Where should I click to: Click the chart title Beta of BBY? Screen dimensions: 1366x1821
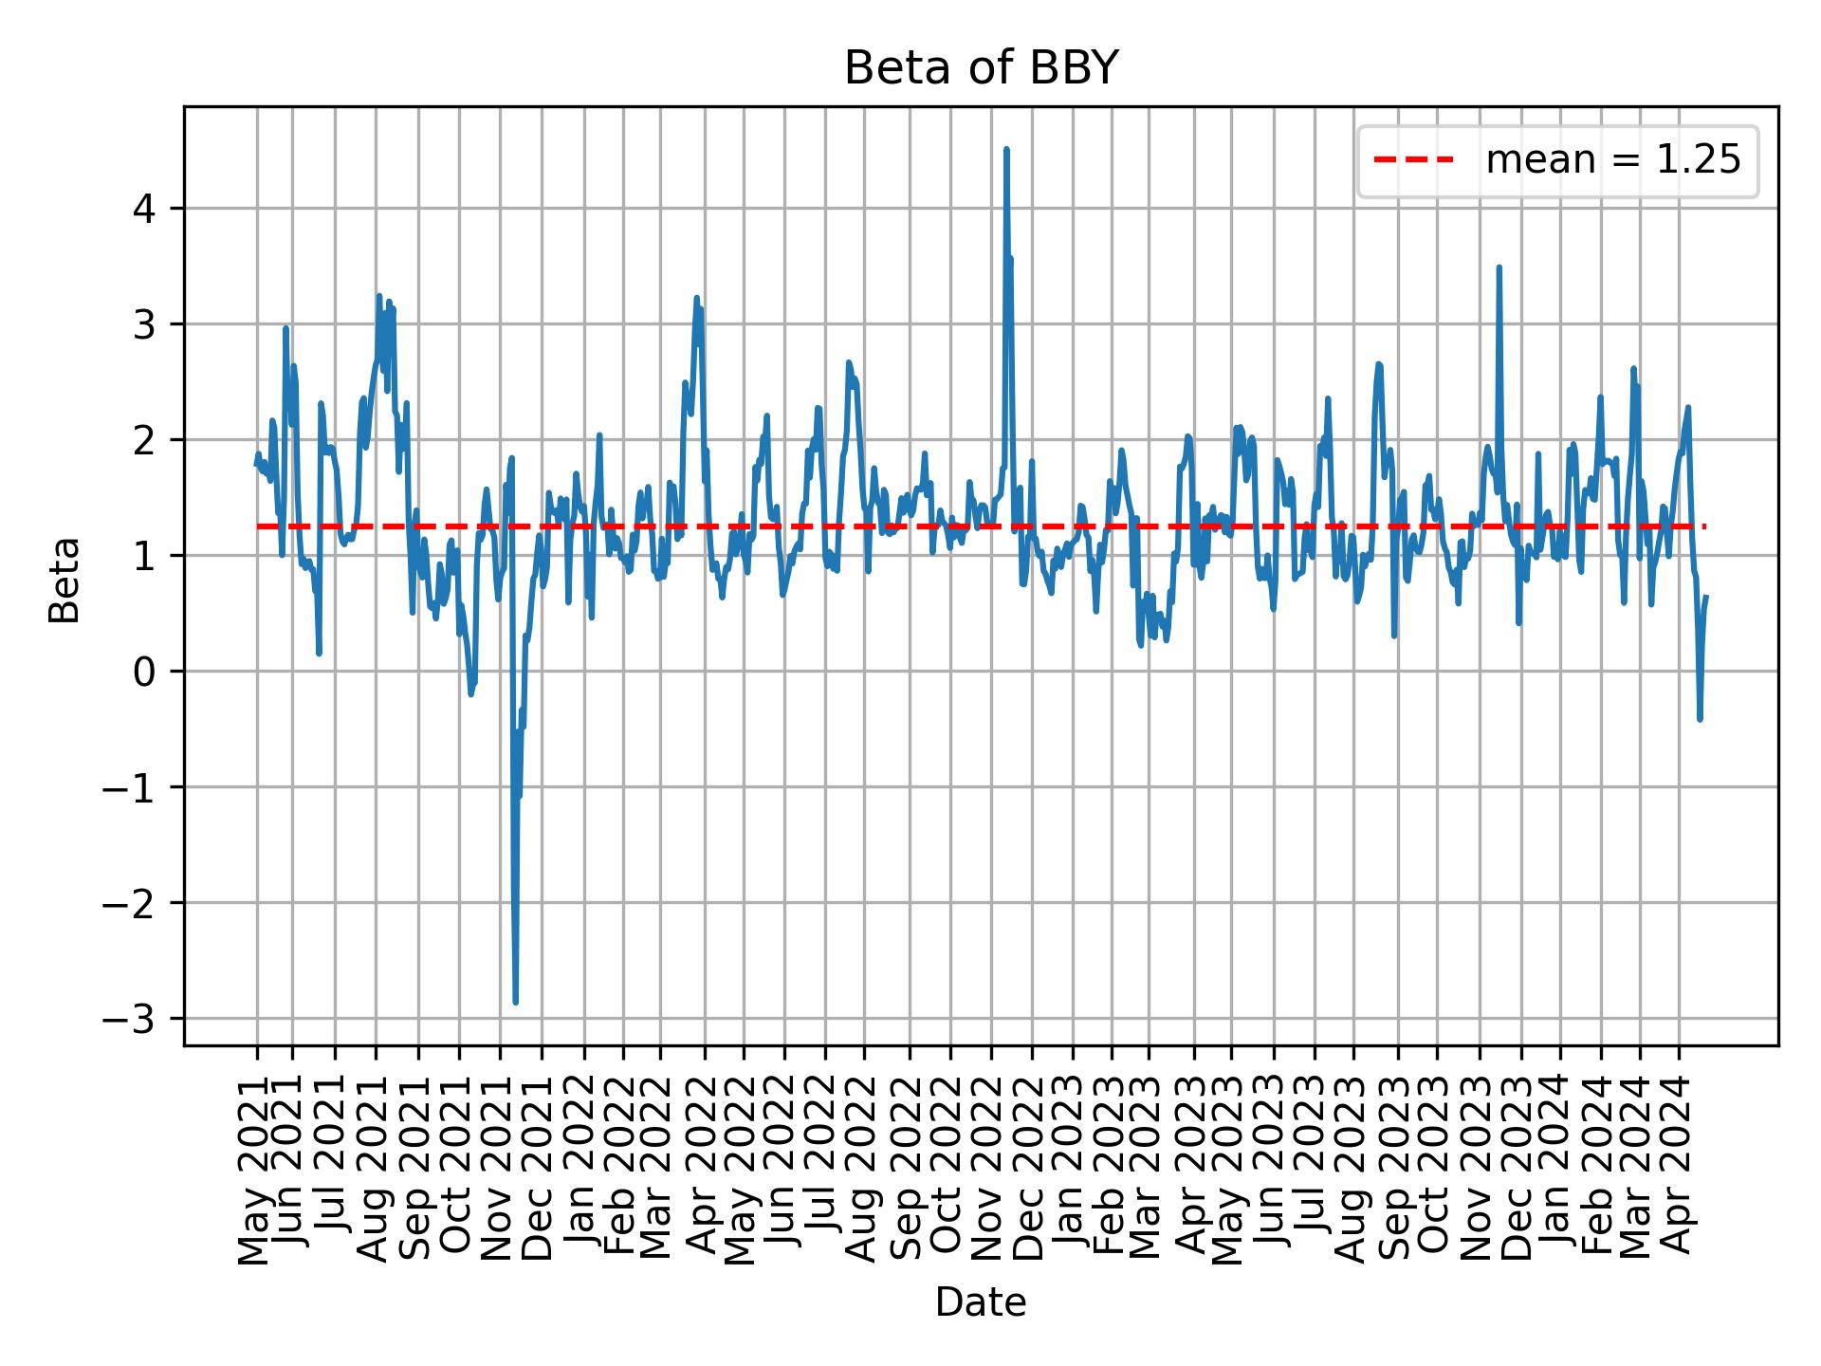pos(981,68)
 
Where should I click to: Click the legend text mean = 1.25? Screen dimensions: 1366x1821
pos(1612,161)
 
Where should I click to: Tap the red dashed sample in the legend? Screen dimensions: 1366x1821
pos(1413,161)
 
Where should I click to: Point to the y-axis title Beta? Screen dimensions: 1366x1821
pos(64,580)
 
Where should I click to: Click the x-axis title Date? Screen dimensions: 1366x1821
pos(981,1303)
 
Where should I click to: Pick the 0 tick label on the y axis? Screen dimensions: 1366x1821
pos(144,672)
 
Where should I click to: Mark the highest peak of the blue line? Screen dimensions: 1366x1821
pos(1006,150)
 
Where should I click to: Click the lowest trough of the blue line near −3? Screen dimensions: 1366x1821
pos(515,1001)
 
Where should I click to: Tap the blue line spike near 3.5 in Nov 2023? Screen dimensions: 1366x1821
pos(1499,268)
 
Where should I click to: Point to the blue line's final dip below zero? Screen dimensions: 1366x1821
pos(1700,718)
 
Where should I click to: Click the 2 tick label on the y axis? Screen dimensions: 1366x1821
pos(144,440)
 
